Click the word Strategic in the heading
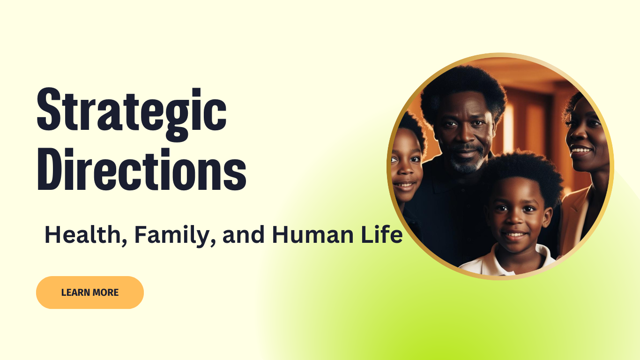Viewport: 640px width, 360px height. (x=132, y=114)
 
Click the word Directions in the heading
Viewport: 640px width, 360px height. (x=141, y=169)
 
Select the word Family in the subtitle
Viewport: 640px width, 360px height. (x=175, y=236)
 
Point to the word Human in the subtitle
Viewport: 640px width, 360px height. (x=313, y=234)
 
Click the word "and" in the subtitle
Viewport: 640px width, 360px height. (x=244, y=234)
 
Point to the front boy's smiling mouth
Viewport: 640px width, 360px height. (x=514, y=235)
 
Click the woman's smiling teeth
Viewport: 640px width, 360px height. (x=580, y=150)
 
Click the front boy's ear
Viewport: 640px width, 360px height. (x=547, y=217)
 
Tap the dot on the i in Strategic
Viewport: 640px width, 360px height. (x=196, y=93)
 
